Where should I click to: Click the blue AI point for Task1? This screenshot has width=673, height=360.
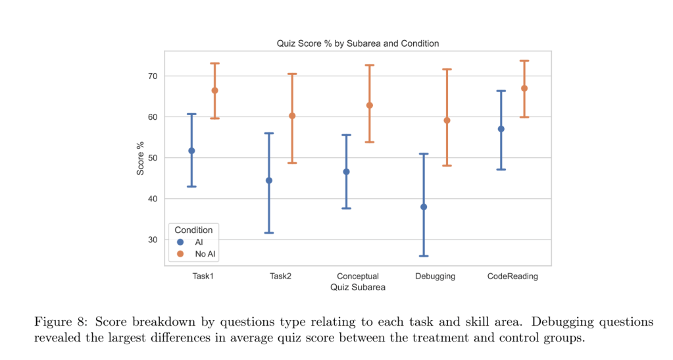pyautogui.click(x=191, y=151)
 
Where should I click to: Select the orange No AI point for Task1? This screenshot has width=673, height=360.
pyautogui.click(x=214, y=90)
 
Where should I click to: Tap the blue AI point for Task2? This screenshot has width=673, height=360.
pyautogui.click(x=268, y=180)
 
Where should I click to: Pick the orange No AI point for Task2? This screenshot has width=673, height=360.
pyautogui.click(x=292, y=116)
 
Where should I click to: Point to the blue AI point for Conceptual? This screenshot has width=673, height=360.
pyautogui.click(x=346, y=172)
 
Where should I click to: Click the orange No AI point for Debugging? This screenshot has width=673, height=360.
pyautogui.click(x=447, y=120)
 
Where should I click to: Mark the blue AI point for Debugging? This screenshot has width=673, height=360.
pyautogui.click(x=424, y=207)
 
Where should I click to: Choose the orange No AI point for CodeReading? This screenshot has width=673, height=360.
pyautogui.click(x=524, y=88)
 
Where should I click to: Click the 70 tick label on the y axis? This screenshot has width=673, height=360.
pyautogui.click(x=153, y=76)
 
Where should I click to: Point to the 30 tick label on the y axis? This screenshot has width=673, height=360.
pyautogui.click(x=153, y=240)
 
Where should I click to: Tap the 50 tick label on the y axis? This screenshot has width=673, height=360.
pyautogui.click(x=153, y=158)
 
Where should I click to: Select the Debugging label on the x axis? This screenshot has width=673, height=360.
pyautogui.click(x=435, y=276)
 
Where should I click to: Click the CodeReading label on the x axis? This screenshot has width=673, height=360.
pyautogui.click(x=512, y=276)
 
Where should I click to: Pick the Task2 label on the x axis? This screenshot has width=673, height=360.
pyautogui.click(x=280, y=276)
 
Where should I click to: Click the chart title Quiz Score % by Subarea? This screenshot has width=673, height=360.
pyautogui.click(x=357, y=43)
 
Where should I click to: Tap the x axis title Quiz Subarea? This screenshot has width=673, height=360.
pyautogui.click(x=357, y=287)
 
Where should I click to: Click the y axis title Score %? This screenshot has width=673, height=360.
pyautogui.click(x=140, y=158)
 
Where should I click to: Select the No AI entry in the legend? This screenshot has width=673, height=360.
pyautogui.click(x=205, y=253)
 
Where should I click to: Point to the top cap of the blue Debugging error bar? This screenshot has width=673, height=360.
pyautogui.click(x=424, y=154)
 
